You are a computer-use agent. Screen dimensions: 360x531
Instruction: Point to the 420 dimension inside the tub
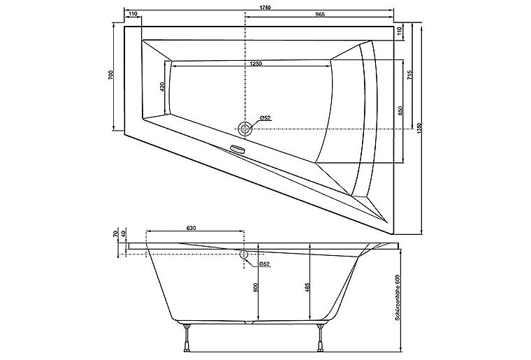(162, 87)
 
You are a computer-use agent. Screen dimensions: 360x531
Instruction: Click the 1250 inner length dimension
(255, 64)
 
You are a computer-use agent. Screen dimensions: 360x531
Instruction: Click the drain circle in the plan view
(245, 128)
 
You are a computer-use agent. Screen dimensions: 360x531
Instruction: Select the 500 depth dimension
(256, 287)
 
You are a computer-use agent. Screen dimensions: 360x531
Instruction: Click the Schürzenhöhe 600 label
(396, 297)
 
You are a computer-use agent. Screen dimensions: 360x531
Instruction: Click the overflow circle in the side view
(245, 254)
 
